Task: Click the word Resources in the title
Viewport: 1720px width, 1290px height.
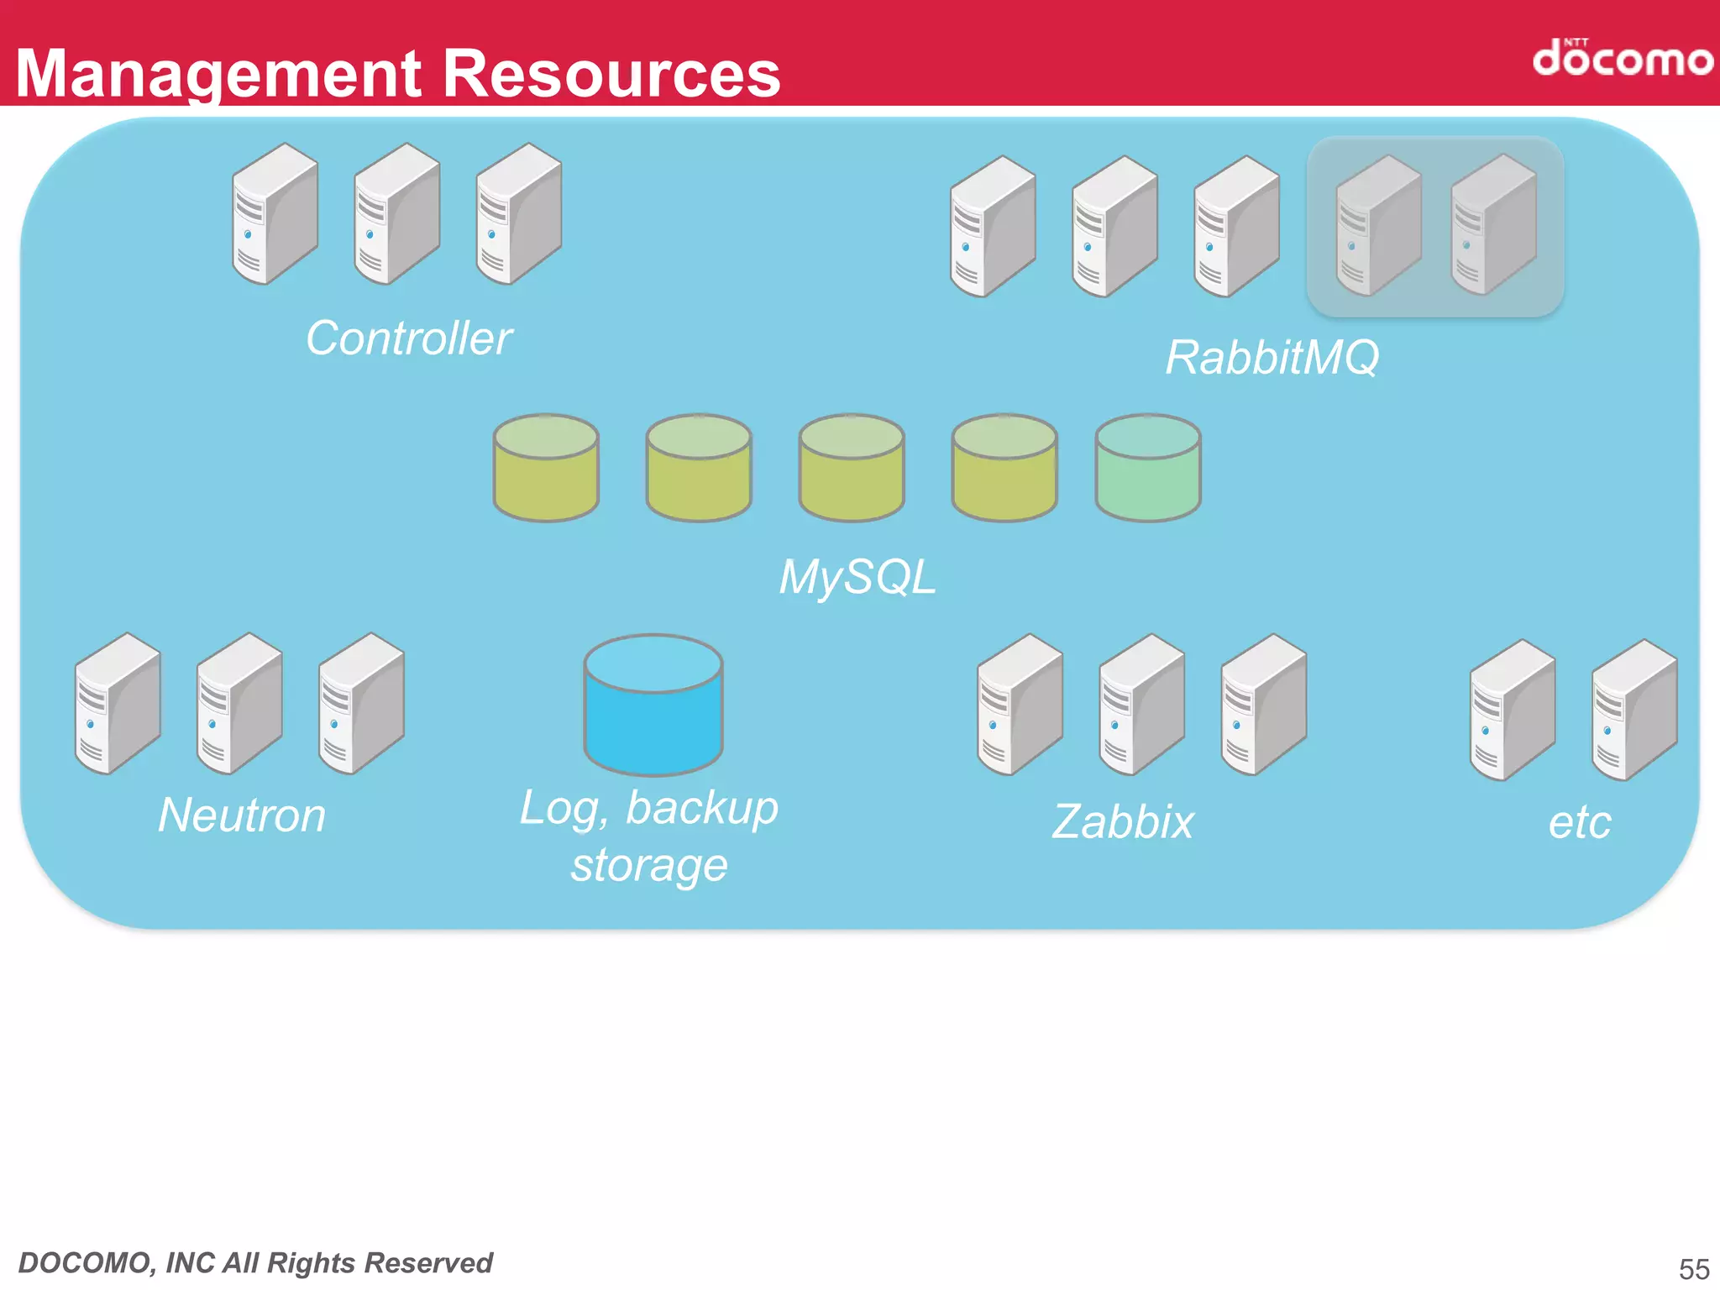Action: (x=611, y=74)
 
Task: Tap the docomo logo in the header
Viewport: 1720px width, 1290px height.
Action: (x=1622, y=58)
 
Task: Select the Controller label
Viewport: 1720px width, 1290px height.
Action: (x=409, y=338)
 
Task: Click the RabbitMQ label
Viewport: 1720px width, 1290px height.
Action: (x=1272, y=358)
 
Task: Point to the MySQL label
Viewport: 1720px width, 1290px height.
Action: (x=857, y=578)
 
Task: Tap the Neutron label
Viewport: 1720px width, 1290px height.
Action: (x=242, y=815)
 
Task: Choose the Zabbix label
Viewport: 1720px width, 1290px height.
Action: (x=1123, y=822)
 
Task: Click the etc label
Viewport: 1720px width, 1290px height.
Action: (x=1580, y=822)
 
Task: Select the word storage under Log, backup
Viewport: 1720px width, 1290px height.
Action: (x=648, y=865)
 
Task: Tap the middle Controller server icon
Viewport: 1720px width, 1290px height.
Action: (x=396, y=214)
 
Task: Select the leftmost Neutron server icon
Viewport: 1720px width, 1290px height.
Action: (x=118, y=704)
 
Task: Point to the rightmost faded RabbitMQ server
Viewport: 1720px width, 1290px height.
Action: (x=1493, y=225)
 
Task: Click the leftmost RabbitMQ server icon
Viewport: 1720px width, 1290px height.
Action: (x=993, y=227)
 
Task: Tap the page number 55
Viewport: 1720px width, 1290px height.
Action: (x=1693, y=1268)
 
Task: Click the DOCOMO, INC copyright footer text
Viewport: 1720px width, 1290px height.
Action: (x=255, y=1263)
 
